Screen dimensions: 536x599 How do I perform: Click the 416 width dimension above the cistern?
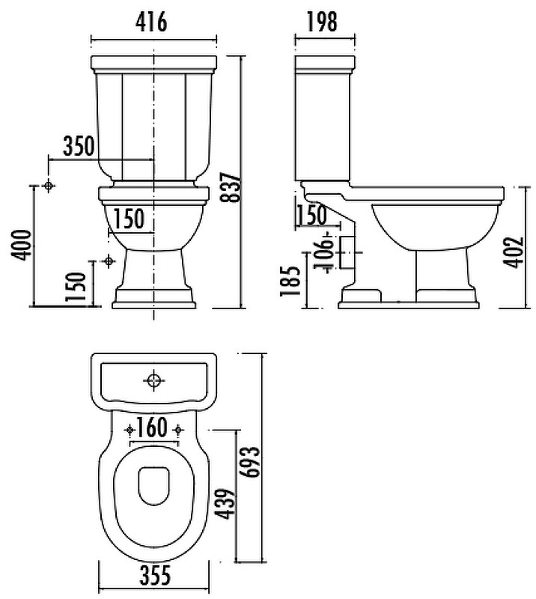coord(151,22)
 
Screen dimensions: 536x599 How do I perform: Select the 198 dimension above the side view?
coord(322,22)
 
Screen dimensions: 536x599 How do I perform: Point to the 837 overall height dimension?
coord(231,186)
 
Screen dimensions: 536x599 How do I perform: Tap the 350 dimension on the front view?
coord(79,145)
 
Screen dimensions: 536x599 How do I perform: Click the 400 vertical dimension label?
coord(21,246)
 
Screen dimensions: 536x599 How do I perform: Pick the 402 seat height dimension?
coord(513,252)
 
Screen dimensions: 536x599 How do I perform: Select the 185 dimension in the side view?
coord(290,281)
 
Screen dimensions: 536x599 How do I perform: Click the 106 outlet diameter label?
coord(323,253)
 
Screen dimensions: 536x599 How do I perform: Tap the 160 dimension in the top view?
coord(152,428)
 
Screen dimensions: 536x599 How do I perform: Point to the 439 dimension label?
coord(225,503)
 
